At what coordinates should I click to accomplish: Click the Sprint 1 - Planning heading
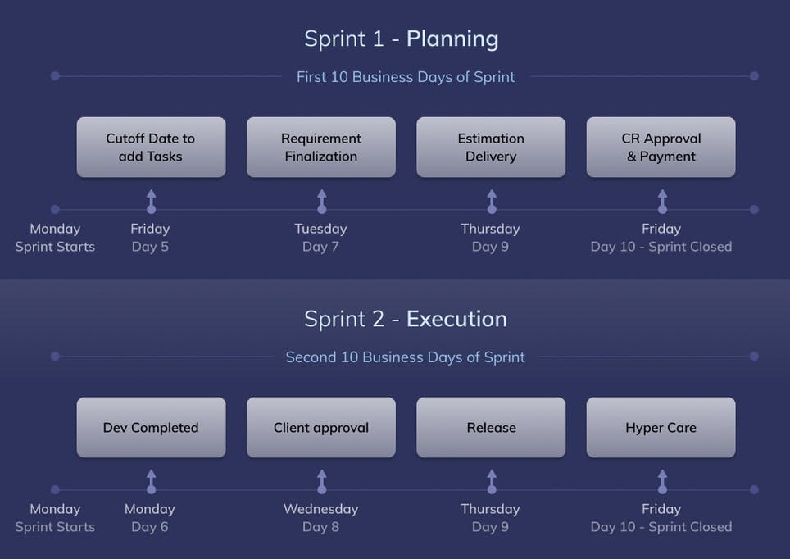(x=402, y=39)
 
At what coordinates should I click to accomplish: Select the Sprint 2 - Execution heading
(x=406, y=319)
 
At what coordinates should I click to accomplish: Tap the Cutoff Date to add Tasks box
(x=151, y=148)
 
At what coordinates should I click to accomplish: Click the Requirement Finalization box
(x=321, y=148)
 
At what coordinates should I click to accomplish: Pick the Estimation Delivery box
(x=491, y=148)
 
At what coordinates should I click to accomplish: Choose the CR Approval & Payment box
(x=661, y=148)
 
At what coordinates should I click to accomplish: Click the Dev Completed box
(x=151, y=427)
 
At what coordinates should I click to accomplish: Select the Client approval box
(x=321, y=427)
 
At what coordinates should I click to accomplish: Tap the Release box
(x=491, y=427)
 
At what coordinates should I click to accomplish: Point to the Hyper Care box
(x=661, y=427)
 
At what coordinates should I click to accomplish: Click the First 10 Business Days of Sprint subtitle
(x=406, y=77)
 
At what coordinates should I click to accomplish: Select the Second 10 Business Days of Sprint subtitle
(x=405, y=357)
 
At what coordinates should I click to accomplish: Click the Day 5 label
(x=150, y=247)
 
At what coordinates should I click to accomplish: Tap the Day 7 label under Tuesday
(x=320, y=247)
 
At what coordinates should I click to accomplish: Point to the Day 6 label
(x=150, y=527)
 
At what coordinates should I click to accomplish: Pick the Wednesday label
(x=321, y=509)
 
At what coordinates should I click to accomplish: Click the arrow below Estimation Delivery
(x=492, y=201)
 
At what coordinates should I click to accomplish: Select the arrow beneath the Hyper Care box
(x=662, y=481)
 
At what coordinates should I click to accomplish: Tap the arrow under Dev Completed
(x=151, y=481)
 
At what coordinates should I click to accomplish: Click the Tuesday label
(x=321, y=229)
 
